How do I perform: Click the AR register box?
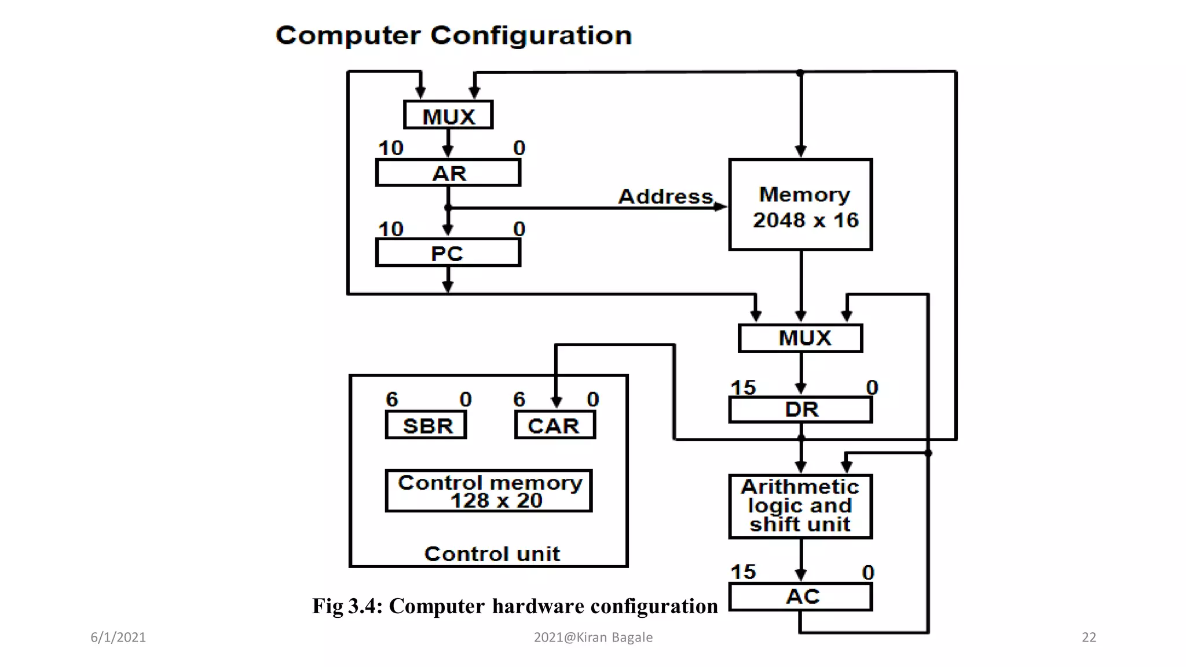coord(448,173)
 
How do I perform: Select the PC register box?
coord(448,254)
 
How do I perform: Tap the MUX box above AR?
coord(448,115)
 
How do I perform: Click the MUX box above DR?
coord(801,338)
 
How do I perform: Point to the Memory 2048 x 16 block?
coord(801,206)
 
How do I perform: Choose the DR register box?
coord(801,410)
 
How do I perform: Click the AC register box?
coord(801,597)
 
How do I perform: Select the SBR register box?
coord(426,426)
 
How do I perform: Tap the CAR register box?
coord(555,426)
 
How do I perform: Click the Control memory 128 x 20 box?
coord(489,492)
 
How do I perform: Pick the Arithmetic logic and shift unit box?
coord(801,507)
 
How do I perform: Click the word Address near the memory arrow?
coord(665,196)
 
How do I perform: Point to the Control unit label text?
coord(492,554)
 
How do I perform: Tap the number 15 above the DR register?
coord(743,387)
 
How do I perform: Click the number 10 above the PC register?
coord(390,229)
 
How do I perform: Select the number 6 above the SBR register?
coord(392,399)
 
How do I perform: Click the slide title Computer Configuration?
coord(453,35)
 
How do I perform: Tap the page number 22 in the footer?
coord(1089,637)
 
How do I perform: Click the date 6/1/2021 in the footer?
coord(118,637)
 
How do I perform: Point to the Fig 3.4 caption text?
coord(515,606)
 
